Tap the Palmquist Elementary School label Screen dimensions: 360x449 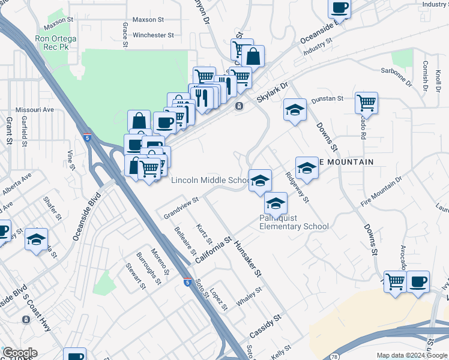coord(294,222)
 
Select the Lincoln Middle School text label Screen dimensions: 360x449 coord(210,180)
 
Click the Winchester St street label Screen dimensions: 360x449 coord(153,35)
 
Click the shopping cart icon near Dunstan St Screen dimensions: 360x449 coord(366,102)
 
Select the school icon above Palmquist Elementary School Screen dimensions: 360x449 coord(276,203)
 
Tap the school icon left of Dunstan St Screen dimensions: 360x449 coord(295,110)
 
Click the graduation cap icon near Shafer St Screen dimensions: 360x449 coord(37,240)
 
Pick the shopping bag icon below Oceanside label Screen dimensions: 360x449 coord(254,57)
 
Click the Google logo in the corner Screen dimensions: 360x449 coord(20,353)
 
